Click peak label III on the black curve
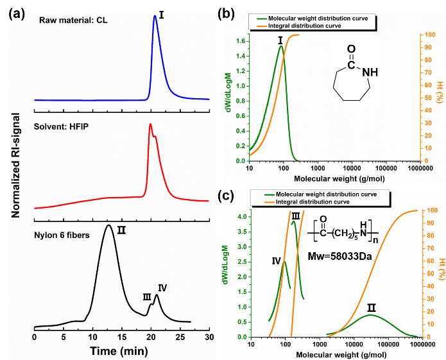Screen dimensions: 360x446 click(x=146, y=296)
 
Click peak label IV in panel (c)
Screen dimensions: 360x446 click(x=277, y=261)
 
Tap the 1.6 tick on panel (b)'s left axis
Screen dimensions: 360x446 click(x=241, y=41)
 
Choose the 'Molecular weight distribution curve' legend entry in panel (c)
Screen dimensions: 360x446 click(x=327, y=194)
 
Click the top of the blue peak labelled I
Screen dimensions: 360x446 click(x=155, y=17)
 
